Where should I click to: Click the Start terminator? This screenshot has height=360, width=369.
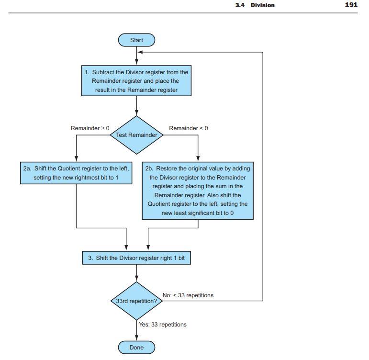[136, 40]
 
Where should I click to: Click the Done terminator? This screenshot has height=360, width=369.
[136, 347]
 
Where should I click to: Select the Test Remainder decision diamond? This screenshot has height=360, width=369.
[137, 135]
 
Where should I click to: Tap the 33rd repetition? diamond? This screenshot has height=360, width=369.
[137, 301]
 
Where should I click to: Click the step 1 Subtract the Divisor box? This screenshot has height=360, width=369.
[137, 81]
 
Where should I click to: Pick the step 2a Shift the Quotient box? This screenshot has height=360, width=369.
[76, 173]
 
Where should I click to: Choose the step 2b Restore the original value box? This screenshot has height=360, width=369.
[198, 191]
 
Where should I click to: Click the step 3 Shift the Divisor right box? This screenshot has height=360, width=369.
[137, 258]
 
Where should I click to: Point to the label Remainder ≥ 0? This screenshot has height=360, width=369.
[90, 128]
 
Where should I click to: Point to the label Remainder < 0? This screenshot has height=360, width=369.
[189, 128]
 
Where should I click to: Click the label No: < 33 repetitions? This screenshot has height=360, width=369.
[188, 295]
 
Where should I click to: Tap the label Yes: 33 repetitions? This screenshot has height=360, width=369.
[163, 325]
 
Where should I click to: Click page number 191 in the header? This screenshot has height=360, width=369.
[351, 5]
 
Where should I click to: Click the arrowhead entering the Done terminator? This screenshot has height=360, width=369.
[137, 338]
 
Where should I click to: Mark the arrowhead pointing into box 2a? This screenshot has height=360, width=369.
[76, 160]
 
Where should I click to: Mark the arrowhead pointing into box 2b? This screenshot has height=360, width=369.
[198, 160]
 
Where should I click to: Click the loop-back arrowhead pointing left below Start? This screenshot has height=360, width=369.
[140, 52]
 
